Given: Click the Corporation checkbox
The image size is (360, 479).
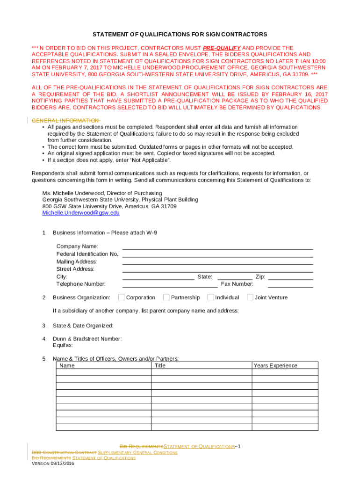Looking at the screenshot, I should pos(122,297).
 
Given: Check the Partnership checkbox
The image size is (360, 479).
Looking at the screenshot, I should pos(166,297).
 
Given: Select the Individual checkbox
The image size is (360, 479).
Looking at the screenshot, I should pos(210,297).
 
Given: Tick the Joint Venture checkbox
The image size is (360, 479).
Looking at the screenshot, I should pos(250,297).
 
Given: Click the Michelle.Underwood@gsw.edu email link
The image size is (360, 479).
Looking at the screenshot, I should pos(81,213).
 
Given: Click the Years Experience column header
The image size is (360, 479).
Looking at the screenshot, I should pos(275,366).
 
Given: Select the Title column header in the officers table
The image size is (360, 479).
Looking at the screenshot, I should pos(160,366).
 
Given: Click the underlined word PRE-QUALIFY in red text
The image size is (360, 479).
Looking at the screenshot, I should pos(222,48).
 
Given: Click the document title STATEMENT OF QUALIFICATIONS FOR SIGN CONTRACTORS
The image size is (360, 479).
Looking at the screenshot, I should pos(180,35).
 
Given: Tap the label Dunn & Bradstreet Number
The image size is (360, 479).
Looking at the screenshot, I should pos(87,339).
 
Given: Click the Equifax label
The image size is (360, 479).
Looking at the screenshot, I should pos(63,345).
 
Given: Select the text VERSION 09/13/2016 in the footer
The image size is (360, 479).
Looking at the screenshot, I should pos(53,464).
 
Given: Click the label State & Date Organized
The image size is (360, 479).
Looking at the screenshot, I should pos(83,326).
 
